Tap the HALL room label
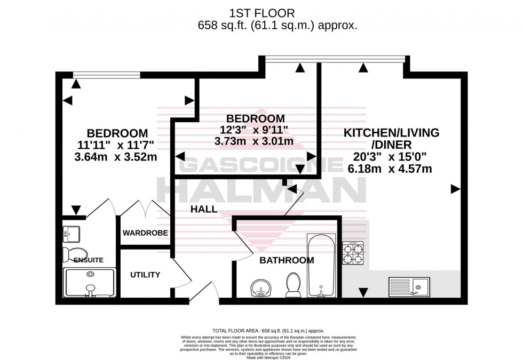(x=204, y=210)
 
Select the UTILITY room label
(x=145, y=275)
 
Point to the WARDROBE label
(x=145, y=233)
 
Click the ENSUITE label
(x=88, y=260)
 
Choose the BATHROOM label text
(x=287, y=260)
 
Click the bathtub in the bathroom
(x=321, y=265)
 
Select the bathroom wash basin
(x=261, y=289)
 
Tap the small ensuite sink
(x=72, y=233)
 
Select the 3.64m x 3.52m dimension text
(x=117, y=156)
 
